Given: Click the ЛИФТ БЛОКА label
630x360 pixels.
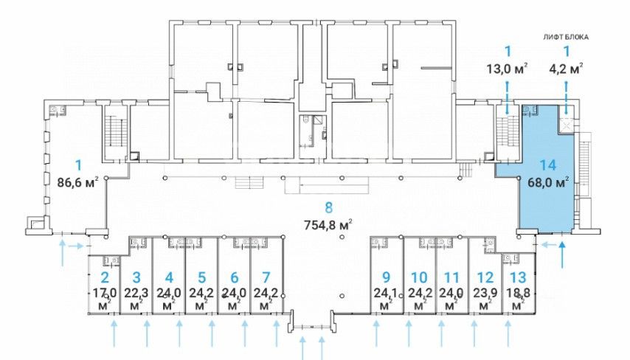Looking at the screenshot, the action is coord(566,38).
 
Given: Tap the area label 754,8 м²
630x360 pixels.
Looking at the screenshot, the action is coord(329,224).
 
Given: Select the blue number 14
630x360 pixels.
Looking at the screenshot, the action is coord(547,165).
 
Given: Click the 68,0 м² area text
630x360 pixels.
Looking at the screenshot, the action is coord(548,182).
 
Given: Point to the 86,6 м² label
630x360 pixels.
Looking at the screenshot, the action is coord(78,183).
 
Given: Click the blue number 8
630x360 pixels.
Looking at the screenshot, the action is coord(329,208).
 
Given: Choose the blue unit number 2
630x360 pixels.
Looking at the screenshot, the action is coord(105,277).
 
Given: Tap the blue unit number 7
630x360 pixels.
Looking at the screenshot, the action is coord(266,277).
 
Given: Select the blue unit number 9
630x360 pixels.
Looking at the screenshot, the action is coord(386,277).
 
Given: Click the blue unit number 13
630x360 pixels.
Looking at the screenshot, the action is coord(518,277).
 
